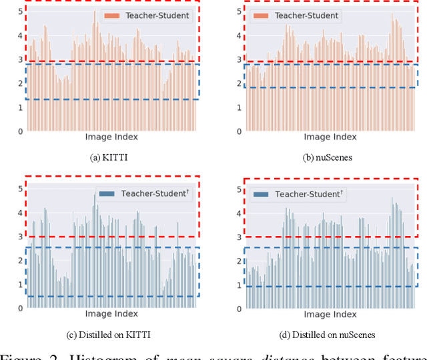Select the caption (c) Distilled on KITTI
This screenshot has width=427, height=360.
click(x=111, y=333)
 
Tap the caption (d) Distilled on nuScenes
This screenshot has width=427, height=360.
click(x=329, y=333)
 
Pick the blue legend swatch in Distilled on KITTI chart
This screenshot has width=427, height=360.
click(x=107, y=193)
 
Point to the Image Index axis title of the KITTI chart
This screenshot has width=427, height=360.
click(x=111, y=137)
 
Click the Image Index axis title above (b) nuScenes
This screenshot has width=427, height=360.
click(x=329, y=137)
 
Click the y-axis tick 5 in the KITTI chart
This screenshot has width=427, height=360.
click(x=20, y=12)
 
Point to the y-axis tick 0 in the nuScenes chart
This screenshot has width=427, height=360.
click(x=238, y=131)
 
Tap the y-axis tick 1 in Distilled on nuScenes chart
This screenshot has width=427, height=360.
click(x=238, y=285)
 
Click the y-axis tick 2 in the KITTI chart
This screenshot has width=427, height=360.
click(x=20, y=83)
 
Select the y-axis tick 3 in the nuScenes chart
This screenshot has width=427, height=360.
click(x=238, y=60)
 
